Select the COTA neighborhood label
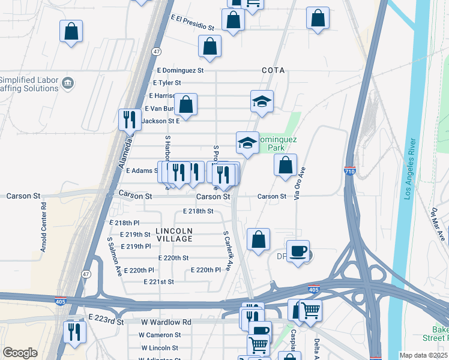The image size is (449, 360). click(273, 70)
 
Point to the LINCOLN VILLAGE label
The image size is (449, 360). click(174, 235)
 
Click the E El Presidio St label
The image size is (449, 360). click(192, 23)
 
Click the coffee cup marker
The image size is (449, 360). click(298, 251)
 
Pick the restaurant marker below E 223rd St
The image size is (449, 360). click(75, 332)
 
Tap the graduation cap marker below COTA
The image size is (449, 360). click(262, 101)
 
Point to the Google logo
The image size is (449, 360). click(20, 353)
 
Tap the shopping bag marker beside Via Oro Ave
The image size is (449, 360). click(286, 164)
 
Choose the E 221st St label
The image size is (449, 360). click(158, 281)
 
